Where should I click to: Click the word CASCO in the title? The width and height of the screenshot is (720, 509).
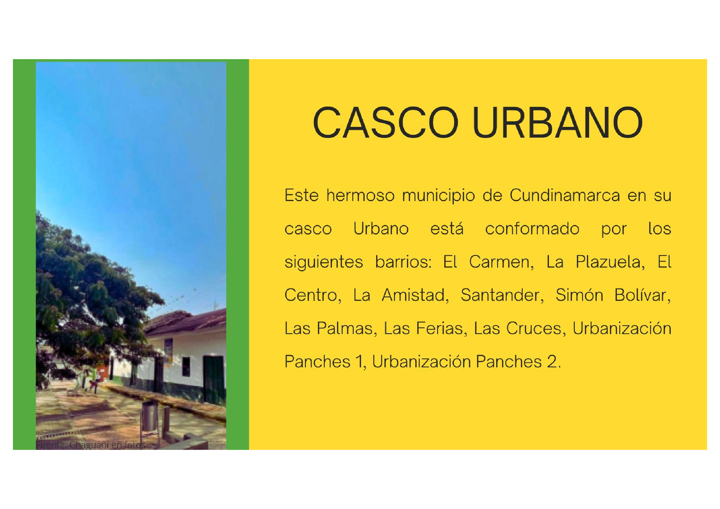(x=385, y=123)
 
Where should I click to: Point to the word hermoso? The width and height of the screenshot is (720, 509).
(x=360, y=196)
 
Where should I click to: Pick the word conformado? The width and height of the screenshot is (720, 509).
(x=532, y=228)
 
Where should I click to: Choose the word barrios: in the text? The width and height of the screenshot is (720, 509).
(x=404, y=262)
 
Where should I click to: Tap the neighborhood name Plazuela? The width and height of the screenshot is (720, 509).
(x=610, y=262)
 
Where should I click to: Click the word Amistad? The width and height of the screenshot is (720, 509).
(x=415, y=295)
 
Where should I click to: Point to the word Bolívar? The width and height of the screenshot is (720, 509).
(x=642, y=295)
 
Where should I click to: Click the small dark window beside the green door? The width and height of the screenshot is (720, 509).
(x=186, y=367)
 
